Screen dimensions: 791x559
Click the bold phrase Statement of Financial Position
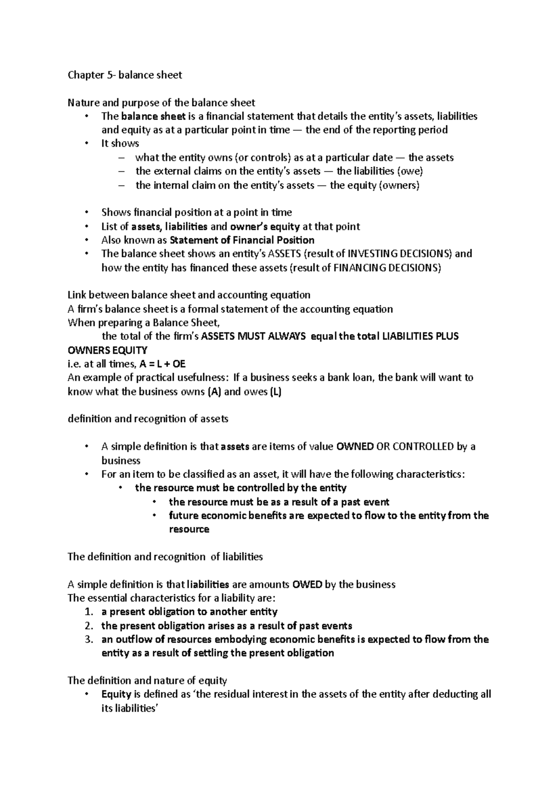pos(242,240)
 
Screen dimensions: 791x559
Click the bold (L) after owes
pos(276,392)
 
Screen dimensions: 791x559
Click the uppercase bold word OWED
pos(307,585)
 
